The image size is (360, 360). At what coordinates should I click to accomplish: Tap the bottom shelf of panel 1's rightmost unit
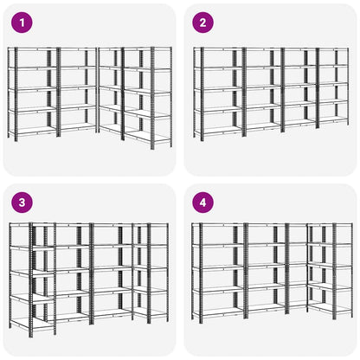pos(148,138)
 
